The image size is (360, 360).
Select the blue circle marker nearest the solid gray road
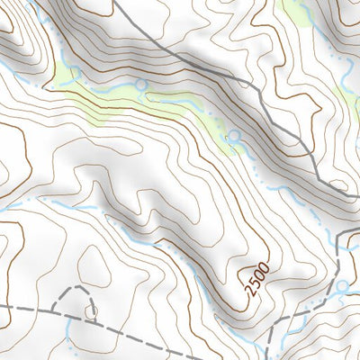pos(235,136)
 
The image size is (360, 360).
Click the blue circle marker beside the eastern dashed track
pos(342,286)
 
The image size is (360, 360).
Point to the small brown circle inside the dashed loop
pos(92,311)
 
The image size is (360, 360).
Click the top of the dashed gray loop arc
pos(79,289)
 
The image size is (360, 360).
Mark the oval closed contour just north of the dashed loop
pos(95,264)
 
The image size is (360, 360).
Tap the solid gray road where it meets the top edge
pos(117,3)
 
